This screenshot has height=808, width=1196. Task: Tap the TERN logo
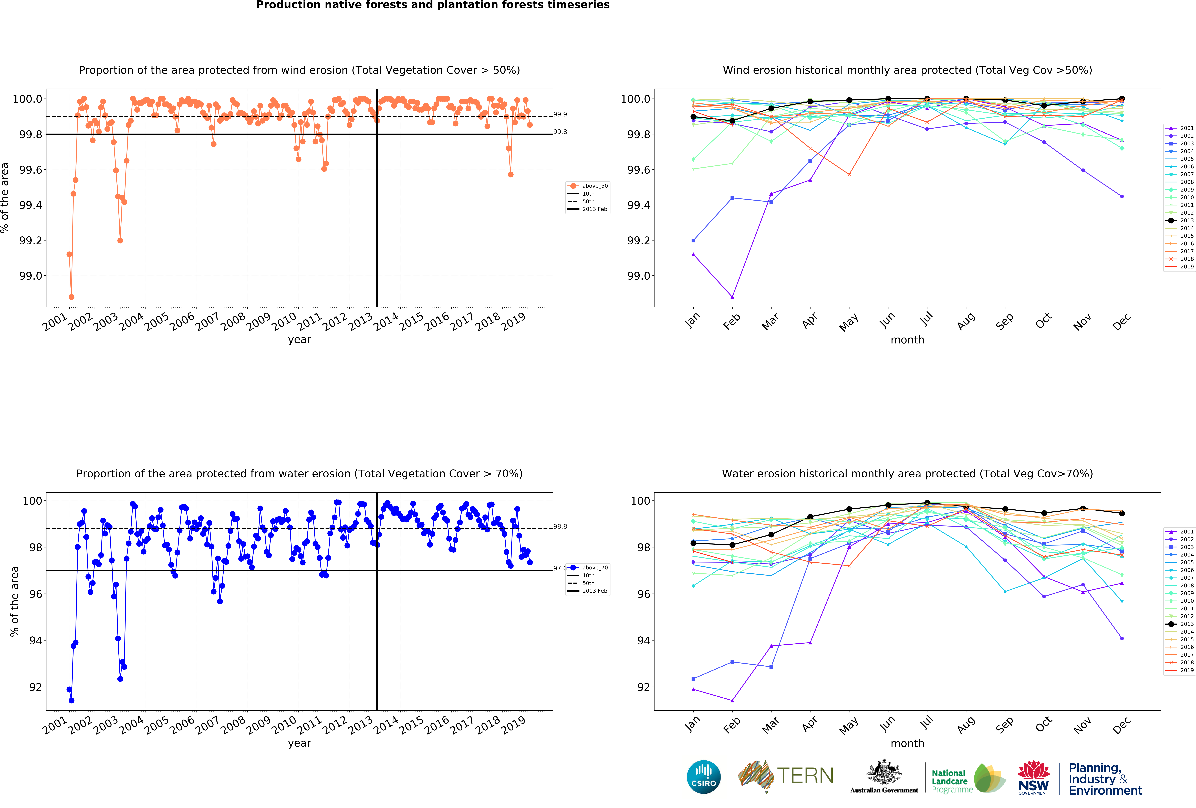point(786,776)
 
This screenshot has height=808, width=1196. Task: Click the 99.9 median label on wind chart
point(560,114)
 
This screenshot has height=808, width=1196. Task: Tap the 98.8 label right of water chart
point(560,527)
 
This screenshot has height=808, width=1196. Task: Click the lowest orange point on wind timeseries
point(71,297)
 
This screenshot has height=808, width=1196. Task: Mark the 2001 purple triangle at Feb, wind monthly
point(732,297)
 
